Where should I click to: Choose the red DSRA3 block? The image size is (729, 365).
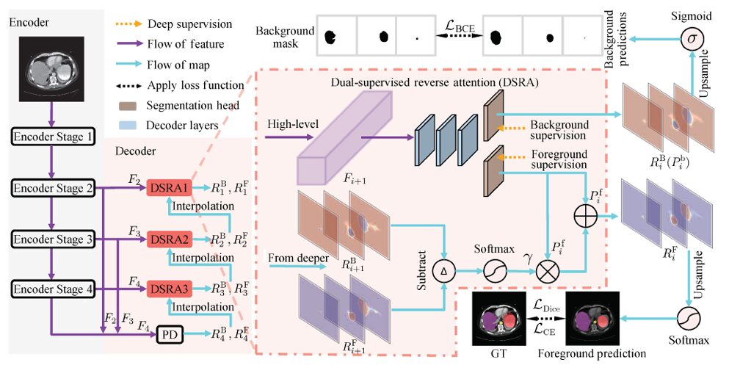click(168, 288)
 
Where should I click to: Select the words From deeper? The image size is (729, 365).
click(297, 257)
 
